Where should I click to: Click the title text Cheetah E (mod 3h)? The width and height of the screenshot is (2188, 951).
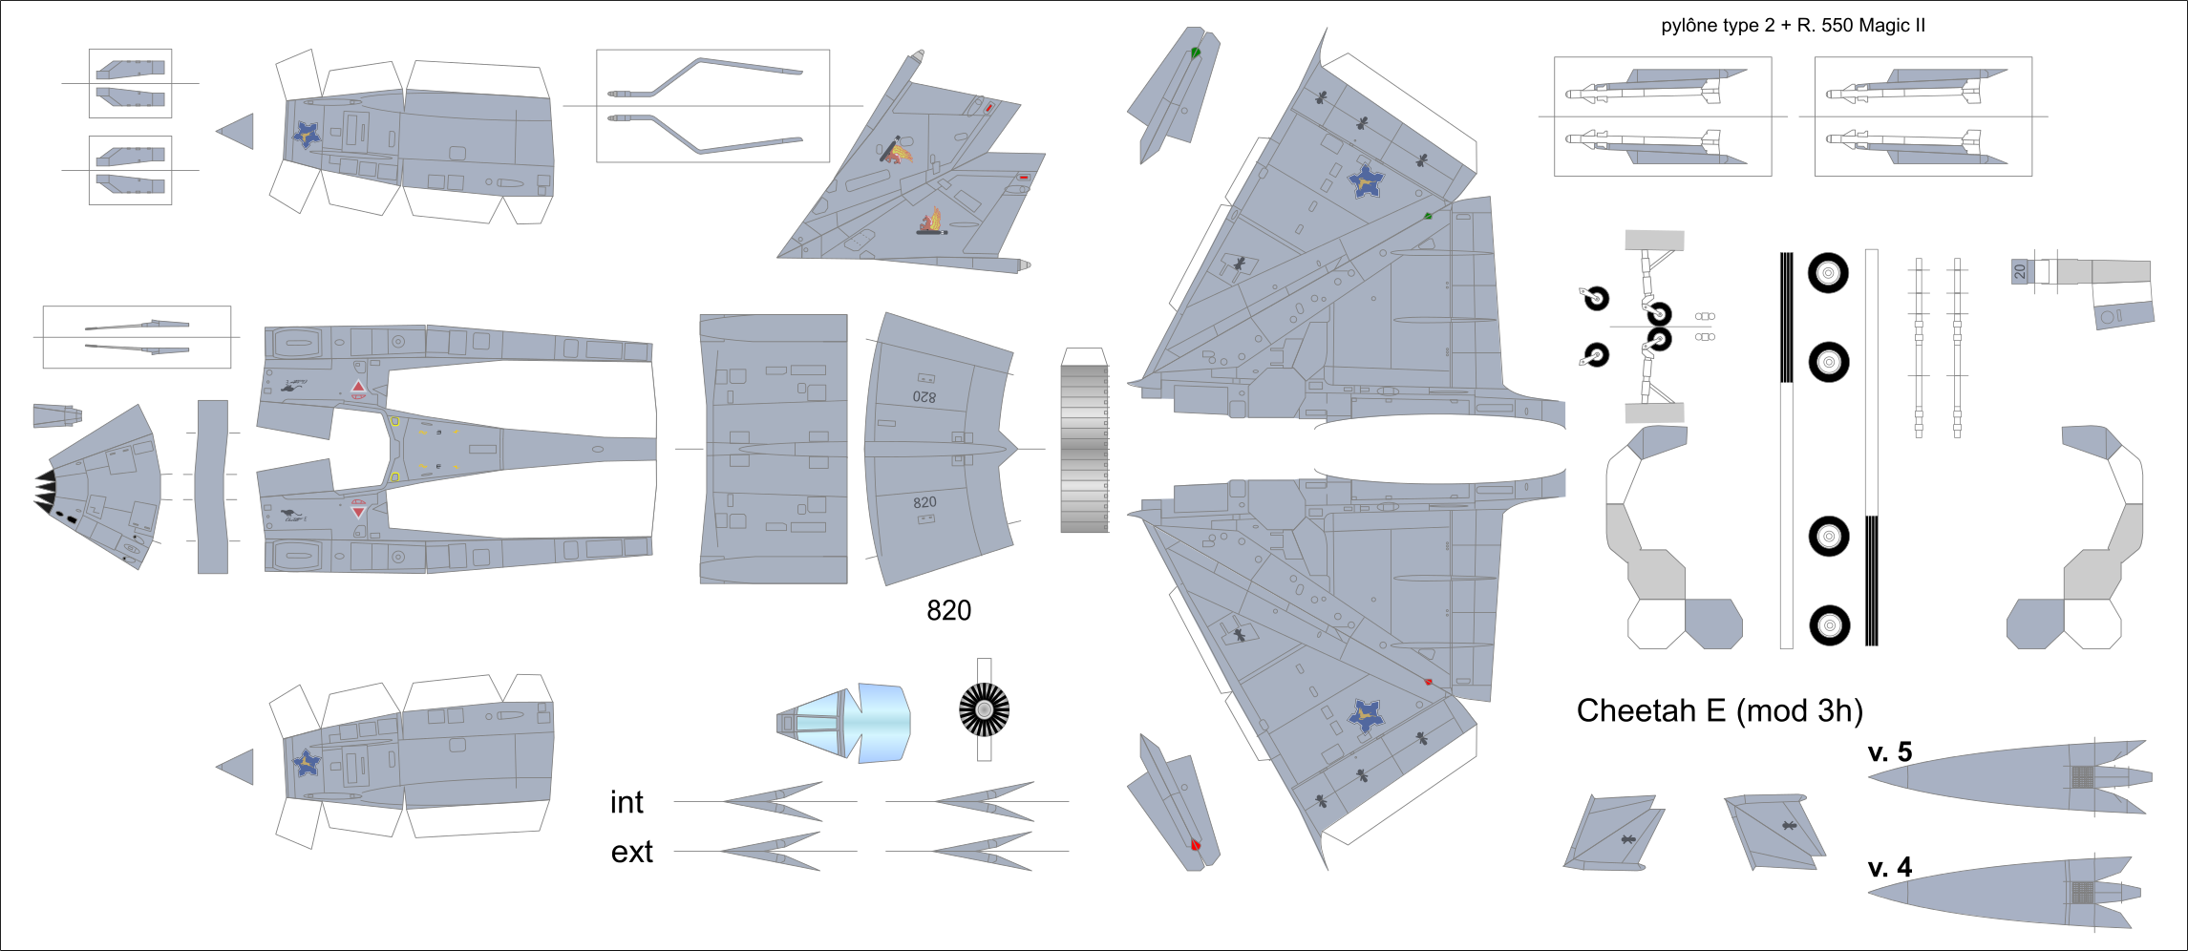pyautogui.click(x=1719, y=711)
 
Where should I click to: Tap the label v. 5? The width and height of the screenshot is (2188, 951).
pyautogui.click(x=1889, y=752)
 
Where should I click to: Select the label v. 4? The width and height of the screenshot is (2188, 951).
pyautogui.click(x=1889, y=868)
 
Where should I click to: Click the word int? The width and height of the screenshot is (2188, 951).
pyautogui.click(x=627, y=803)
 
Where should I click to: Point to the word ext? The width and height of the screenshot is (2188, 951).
pyautogui.click(x=631, y=852)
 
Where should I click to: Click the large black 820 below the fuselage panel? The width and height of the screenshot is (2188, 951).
pyautogui.click(x=948, y=611)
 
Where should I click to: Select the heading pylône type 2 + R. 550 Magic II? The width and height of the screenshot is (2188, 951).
pyautogui.click(x=1793, y=26)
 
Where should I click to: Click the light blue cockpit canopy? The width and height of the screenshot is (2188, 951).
pyautogui.click(x=840, y=723)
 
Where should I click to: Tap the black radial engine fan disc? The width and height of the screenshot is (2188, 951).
pyautogui.click(x=984, y=709)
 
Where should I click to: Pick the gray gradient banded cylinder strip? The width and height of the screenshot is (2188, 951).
pyautogui.click(x=1084, y=449)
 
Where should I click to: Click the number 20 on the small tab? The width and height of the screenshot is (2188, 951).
pyautogui.click(x=2019, y=271)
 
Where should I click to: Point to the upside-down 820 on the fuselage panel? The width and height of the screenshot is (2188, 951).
pyautogui.click(x=924, y=396)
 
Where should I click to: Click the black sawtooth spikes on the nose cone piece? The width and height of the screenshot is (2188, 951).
pyautogui.click(x=45, y=492)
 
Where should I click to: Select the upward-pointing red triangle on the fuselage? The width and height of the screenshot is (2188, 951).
pyautogui.click(x=358, y=388)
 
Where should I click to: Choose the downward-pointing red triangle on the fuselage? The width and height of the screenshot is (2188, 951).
pyautogui.click(x=358, y=511)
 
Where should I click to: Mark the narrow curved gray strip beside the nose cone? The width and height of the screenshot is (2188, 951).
pyautogui.click(x=212, y=487)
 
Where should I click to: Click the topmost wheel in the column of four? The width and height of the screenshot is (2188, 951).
pyautogui.click(x=1828, y=273)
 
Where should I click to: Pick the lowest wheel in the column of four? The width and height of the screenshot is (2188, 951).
pyautogui.click(x=1829, y=625)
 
